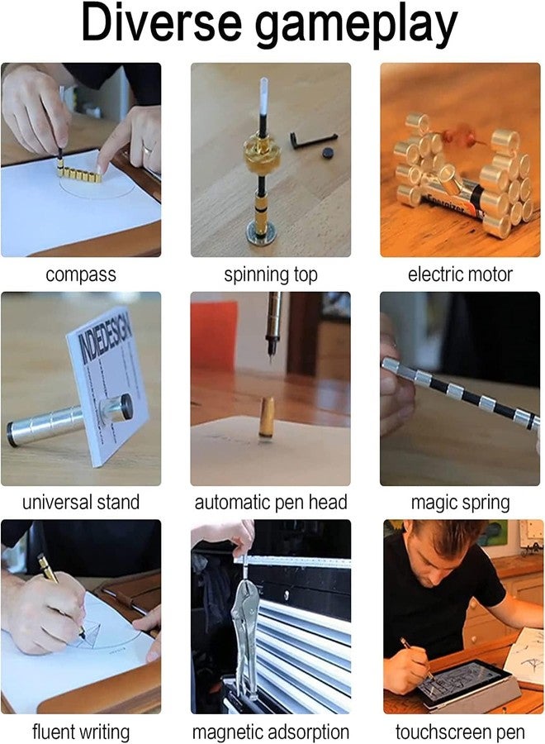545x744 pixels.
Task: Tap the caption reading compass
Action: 80,274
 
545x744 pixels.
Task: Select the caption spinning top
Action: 271,274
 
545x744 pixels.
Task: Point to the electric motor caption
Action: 460,274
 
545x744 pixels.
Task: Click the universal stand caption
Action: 81,503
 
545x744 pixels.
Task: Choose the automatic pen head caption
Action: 271,503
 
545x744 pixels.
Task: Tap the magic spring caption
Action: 460,503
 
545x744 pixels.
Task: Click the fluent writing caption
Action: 81,731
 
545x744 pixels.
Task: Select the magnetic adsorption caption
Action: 271,731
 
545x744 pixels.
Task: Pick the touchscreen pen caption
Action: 460,731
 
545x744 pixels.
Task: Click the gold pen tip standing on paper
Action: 266,417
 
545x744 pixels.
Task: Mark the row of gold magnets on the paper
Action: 78,174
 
